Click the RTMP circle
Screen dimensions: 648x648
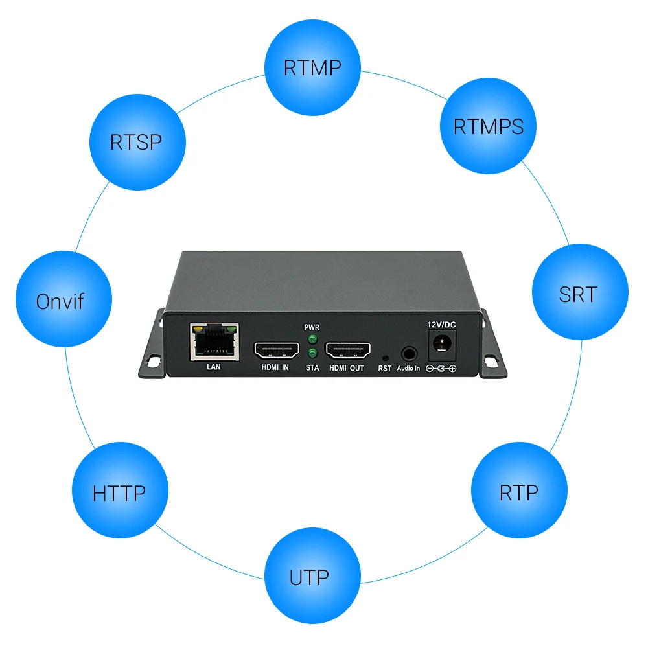coord(313,67)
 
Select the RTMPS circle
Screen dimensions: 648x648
coord(489,126)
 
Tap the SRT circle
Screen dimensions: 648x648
coord(579,294)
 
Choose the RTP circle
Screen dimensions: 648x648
coord(518,492)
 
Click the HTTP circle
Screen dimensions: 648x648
coord(120,492)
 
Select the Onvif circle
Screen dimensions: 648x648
coord(64,301)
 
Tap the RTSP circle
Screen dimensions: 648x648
coord(137,142)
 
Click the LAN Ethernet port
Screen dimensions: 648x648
coord(214,341)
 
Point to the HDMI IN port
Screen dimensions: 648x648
coord(275,351)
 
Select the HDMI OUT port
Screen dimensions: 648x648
coord(347,351)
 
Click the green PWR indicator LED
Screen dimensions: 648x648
coord(312,339)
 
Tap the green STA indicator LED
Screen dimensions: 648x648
coord(312,353)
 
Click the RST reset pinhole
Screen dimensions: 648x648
coord(385,357)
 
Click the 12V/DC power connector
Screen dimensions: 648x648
coord(443,343)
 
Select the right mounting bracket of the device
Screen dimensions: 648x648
coord(492,350)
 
